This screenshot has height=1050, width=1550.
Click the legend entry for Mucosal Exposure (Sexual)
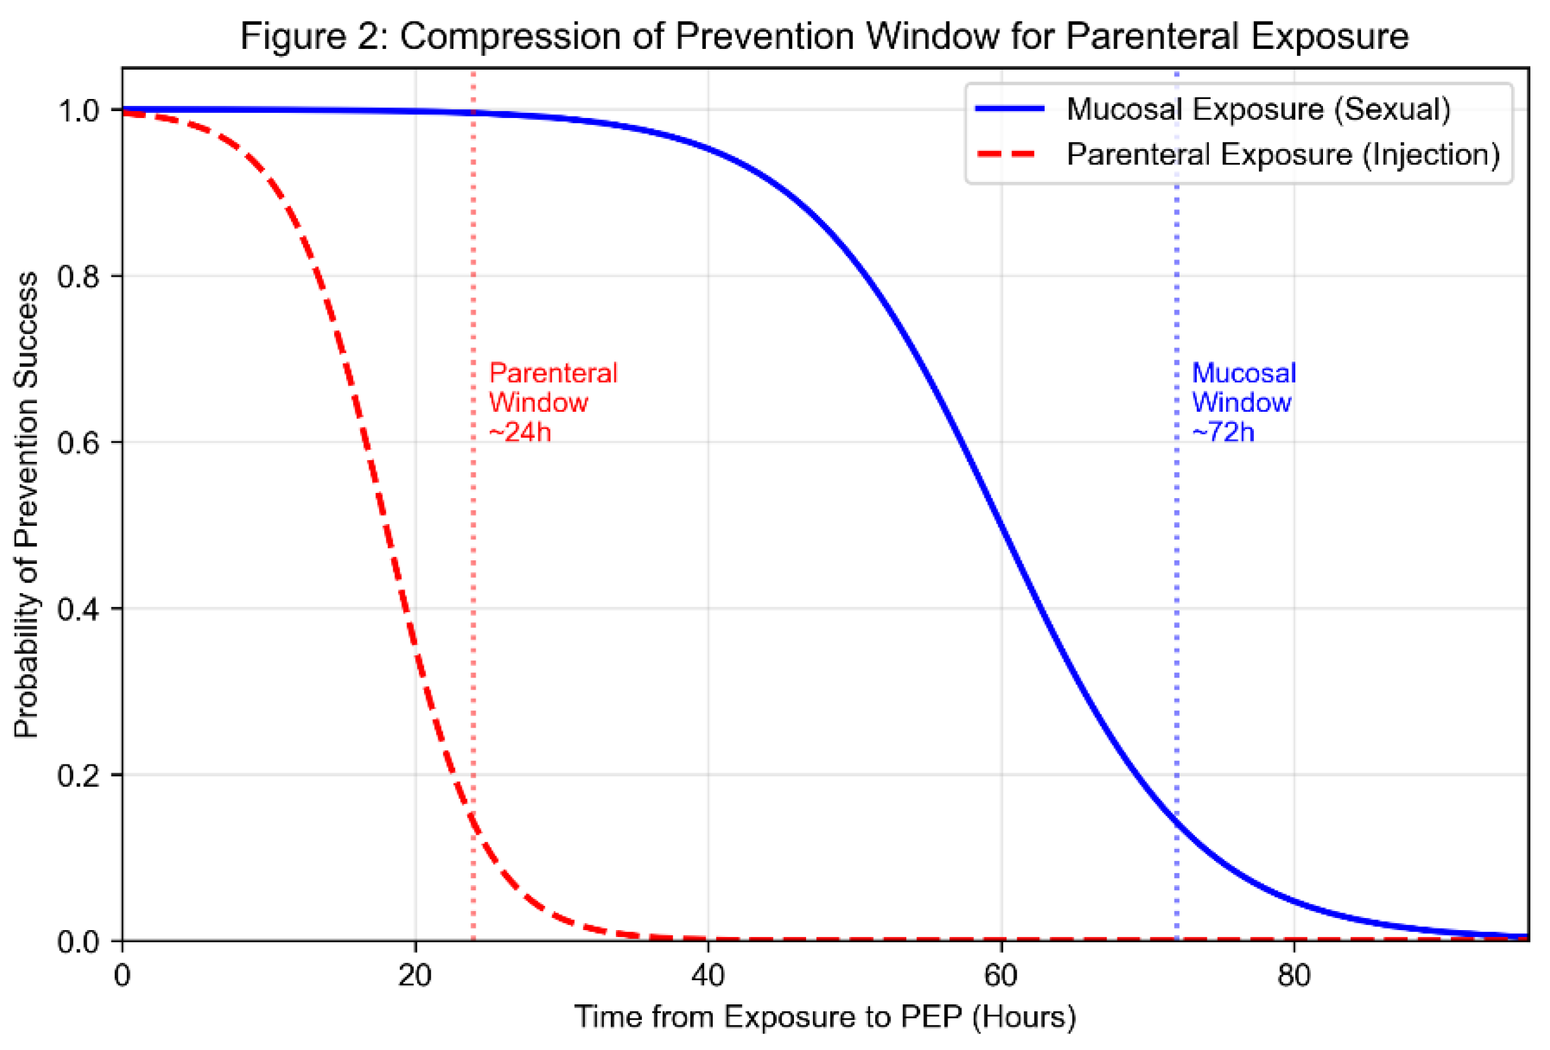pos(1258,108)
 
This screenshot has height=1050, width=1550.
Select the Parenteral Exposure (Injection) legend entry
pos(1282,155)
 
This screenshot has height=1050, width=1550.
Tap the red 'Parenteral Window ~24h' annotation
pos(552,402)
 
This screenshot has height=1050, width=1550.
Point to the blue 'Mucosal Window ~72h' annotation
pos(1243,402)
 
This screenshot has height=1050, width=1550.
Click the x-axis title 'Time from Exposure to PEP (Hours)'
pos(825,1017)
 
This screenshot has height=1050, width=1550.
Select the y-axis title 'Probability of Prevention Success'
pos(27,504)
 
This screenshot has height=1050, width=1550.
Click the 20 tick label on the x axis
pos(415,976)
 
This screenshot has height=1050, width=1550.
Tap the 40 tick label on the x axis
pos(708,976)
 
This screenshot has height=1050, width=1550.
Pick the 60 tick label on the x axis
pos(1000,976)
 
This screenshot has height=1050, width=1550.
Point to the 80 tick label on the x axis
pos(1293,976)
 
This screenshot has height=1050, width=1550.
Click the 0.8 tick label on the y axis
pos(79,276)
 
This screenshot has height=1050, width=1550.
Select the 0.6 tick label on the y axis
pos(79,442)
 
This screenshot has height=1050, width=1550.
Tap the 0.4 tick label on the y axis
pos(79,608)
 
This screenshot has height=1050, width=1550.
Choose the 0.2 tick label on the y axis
pos(79,775)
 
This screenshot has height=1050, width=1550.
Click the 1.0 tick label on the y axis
pos(79,110)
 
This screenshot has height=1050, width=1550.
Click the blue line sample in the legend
pos(1010,108)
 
